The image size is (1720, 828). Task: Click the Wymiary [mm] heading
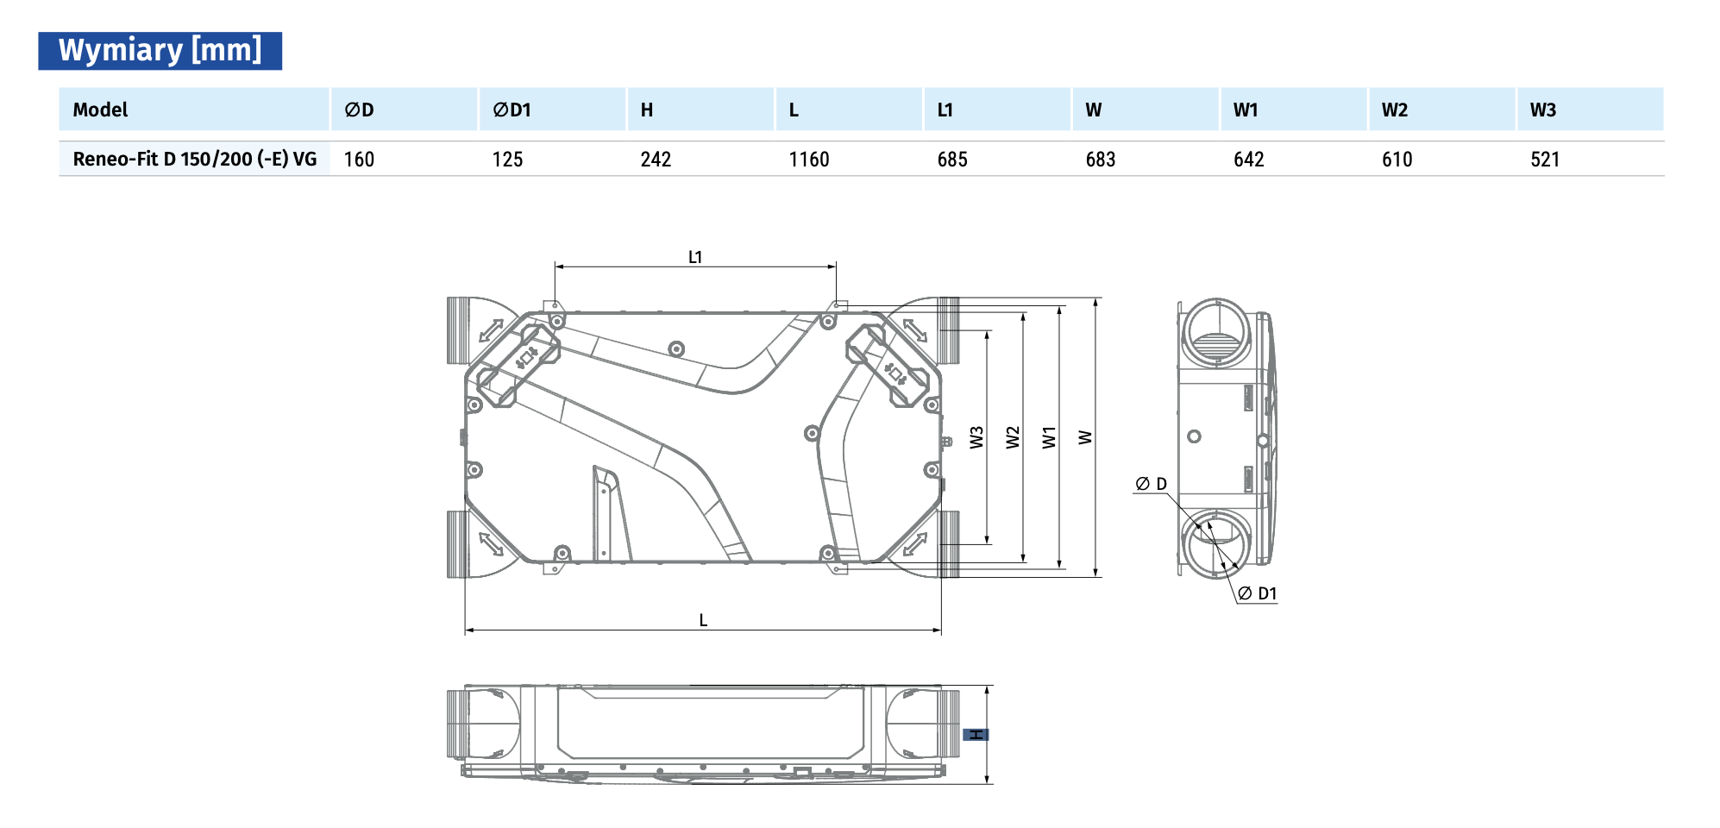coord(160,50)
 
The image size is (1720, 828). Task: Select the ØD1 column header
coord(512,110)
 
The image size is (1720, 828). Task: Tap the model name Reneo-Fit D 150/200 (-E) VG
coord(195,159)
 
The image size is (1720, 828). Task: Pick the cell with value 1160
coord(809,160)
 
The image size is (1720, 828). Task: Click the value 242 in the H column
coord(656,160)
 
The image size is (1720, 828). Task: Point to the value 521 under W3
coord(1545,160)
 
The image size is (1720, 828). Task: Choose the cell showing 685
coord(952,160)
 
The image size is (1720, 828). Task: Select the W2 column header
coord(1395,110)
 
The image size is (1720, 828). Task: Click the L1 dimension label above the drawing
coord(695,257)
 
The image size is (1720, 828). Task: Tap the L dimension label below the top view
coord(703,620)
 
